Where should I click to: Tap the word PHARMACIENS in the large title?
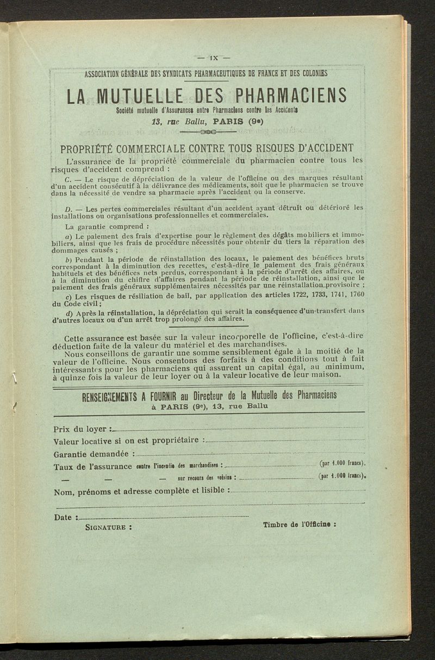(291, 96)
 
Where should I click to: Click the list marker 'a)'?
(69, 236)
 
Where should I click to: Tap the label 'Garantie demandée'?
(91, 454)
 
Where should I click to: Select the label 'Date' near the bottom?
(63, 517)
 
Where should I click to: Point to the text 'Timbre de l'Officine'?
(299, 525)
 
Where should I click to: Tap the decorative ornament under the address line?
(210, 131)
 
